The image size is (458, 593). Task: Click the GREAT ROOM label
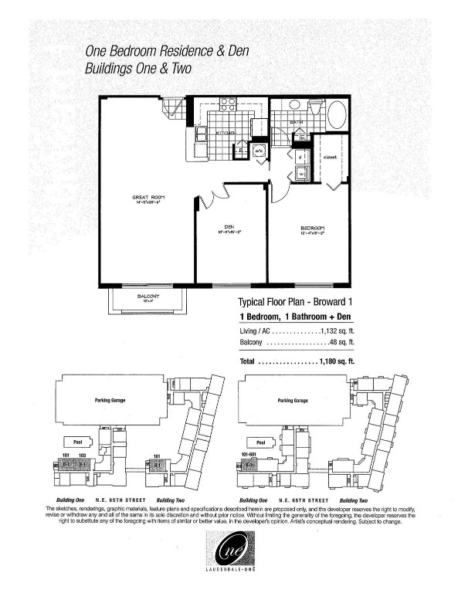[150, 198]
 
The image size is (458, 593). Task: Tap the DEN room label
[229, 226]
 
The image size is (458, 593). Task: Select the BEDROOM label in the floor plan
[312, 227]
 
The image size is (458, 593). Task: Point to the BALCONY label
[149, 296]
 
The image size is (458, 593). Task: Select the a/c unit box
[259, 151]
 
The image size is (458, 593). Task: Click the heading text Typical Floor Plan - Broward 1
[295, 303]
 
